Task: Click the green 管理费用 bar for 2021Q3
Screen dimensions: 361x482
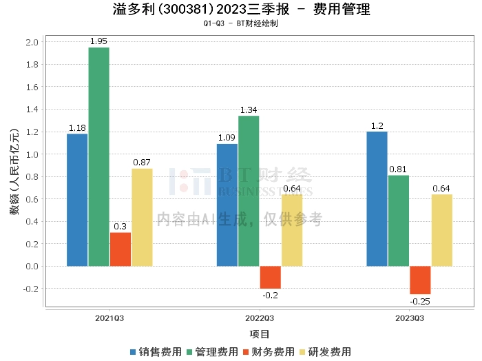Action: click(98, 156)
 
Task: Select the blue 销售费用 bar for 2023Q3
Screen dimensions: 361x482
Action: click(377, 198)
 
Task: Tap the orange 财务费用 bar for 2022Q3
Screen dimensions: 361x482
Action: click(270, 277)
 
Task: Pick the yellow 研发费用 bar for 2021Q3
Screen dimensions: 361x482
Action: click(142, 217)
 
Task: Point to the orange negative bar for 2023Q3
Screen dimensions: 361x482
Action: click(420, 280)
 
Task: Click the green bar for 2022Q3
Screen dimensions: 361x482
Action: click(249, 191)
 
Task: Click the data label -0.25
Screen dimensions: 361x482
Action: click(420, 301)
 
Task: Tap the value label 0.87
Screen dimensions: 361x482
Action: click(142, 163)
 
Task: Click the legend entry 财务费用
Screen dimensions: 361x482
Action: click(269, 351)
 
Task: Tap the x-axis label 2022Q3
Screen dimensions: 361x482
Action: click(260, 318)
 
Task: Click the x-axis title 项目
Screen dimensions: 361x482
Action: click(260, 334)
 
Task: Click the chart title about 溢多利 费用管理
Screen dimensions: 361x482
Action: click(240, 10)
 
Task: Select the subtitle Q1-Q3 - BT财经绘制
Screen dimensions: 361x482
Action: click(240, 23)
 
